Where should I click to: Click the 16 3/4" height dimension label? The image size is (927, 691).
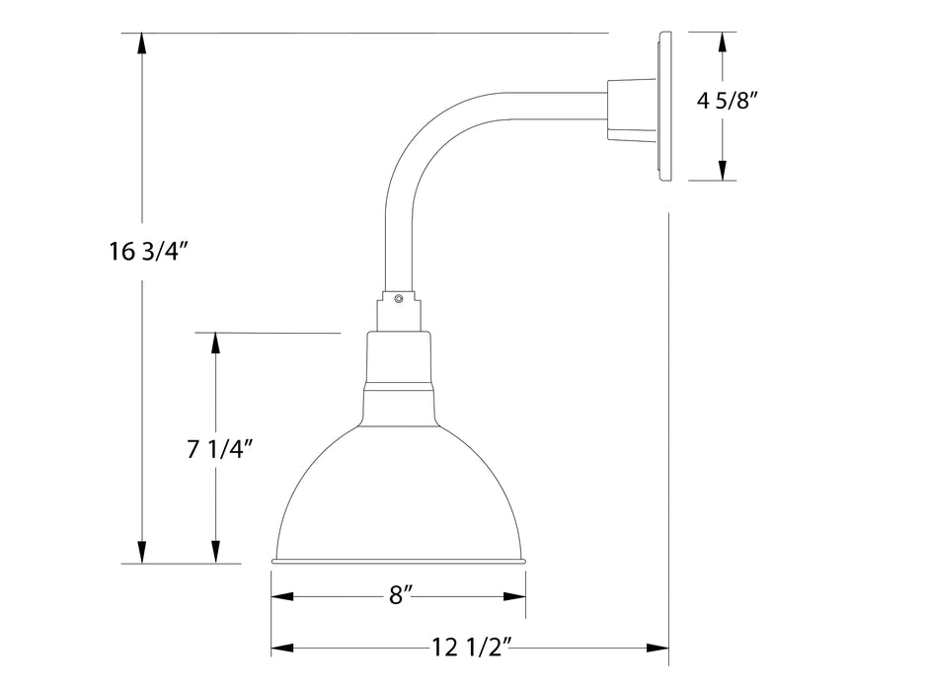pos(149,251)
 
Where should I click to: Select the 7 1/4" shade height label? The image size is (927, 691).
pos(220,449)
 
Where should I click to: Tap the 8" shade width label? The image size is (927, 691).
pos(400,595)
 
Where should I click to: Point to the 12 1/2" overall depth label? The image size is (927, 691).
pos(471,649)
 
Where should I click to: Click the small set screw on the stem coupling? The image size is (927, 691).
pos(398,298)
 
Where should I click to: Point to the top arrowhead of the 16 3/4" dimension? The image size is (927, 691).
pos(144,43)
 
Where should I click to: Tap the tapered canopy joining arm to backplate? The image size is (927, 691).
pos(625,107)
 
